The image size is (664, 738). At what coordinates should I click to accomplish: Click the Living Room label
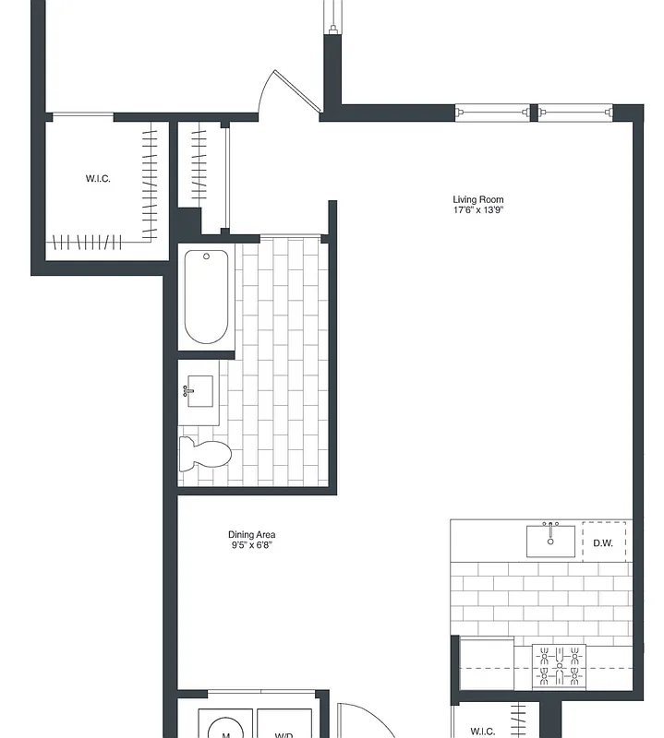pyautogui.click(x=477, y=199)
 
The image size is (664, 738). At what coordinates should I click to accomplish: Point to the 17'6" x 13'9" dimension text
pyautogui.click(x=477, y=210)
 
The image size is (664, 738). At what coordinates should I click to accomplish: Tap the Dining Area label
pyautogui.click(x=251, y=535)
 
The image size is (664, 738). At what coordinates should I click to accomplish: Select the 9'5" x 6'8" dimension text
pyautogui.click(x=251, y=546)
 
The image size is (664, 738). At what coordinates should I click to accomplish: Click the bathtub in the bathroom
pyautogui.click(x=205, y=297)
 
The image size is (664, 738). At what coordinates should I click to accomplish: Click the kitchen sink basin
pyautogui.click(x=550, y=542)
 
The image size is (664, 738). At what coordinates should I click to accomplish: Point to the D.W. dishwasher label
pyautogui.click(x=603, y=542)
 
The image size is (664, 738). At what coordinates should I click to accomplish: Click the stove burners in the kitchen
pyautogui.click(x=560, y=666)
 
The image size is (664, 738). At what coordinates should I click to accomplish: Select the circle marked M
pyautogui.click(x=224, y=729)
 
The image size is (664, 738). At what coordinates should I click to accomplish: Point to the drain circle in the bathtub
pyautogui.click(x=207, y=256)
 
